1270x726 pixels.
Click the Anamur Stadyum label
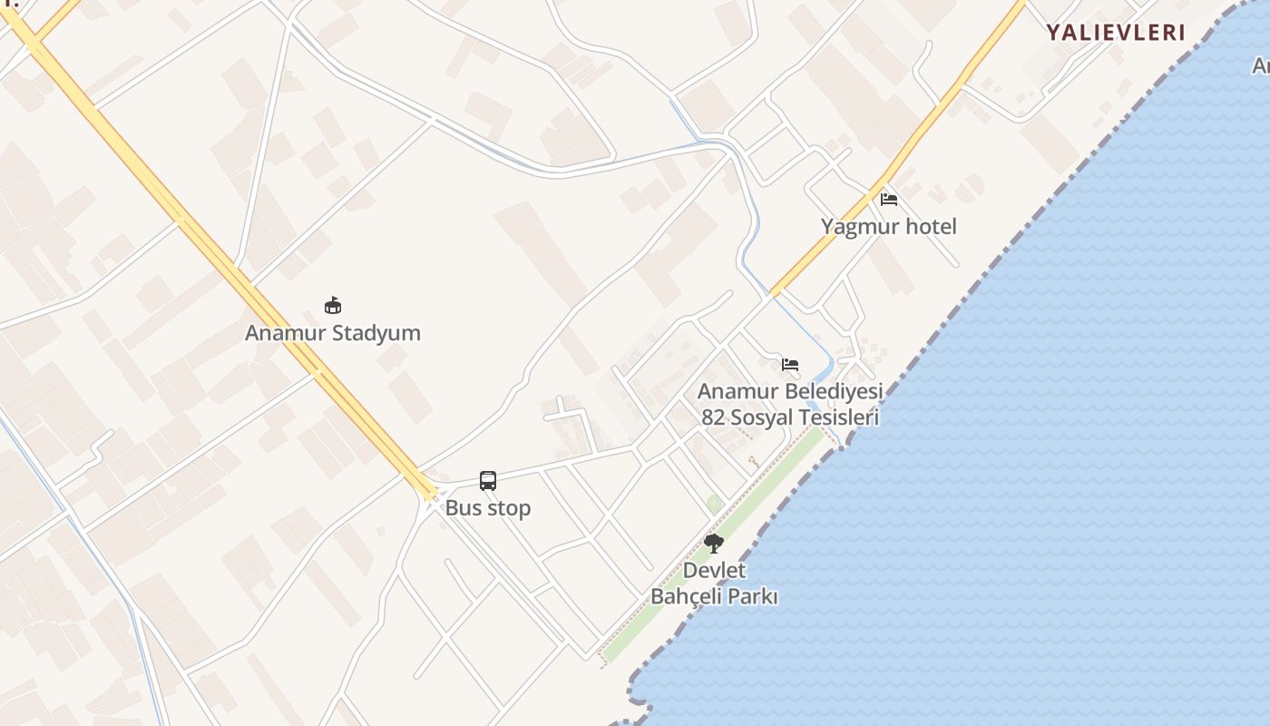(x=333, y=333)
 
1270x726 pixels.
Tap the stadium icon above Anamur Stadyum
(x=333, y=306)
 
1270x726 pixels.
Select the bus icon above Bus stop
(x=488, y=481)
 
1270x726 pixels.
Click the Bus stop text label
(x=488, y=508)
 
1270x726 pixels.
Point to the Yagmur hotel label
(x=889, y=226)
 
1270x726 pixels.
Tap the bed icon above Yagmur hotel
(x=889, y=199)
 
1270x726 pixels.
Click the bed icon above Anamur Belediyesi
(x=790, y=365)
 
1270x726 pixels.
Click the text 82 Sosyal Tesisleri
(x=790, y=417)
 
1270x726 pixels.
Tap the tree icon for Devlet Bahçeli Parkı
(x=714, y=544)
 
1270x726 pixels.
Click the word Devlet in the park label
(x=714, y=571)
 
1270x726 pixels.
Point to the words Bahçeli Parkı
(x=714, y=597)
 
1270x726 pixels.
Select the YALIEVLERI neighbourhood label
(x=1116, y=33)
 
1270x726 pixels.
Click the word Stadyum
(x=376, y=333)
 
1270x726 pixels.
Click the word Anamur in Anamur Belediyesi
(x=738, y=392)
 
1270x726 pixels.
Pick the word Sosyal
(x=759, y=417)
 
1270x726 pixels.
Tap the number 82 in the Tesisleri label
(x=713, y=417)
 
